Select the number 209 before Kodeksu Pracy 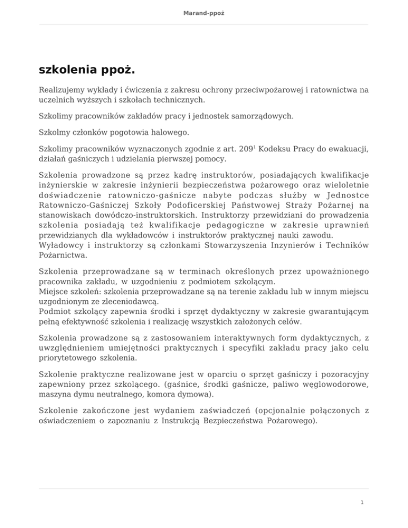click(x=245, y=150)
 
